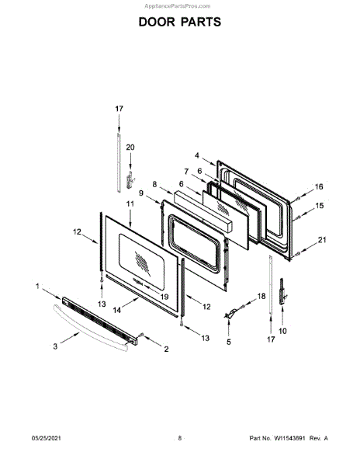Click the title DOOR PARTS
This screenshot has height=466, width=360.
pyautogui.click(x=180, y=22)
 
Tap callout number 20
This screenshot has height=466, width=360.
pyautogui.click(x=130, y=148)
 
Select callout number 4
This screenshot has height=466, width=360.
pyautogui.click(x=197, y=155)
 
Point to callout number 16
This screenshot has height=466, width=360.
pyautogui.click(x=319, y=186)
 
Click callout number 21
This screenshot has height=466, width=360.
pyautogui.click(x=322, y=239)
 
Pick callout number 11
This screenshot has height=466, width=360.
pyautogui.click(x=130, y=203)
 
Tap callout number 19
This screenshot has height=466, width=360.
pyautogui.click(x=164, y=297)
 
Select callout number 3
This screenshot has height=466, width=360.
pyautogui.click(x=55, y=346)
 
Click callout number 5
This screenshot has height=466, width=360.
pyautogui.click(x=229, y=342)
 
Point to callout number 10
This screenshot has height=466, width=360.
pyautogui.click(x=282, y=331)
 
